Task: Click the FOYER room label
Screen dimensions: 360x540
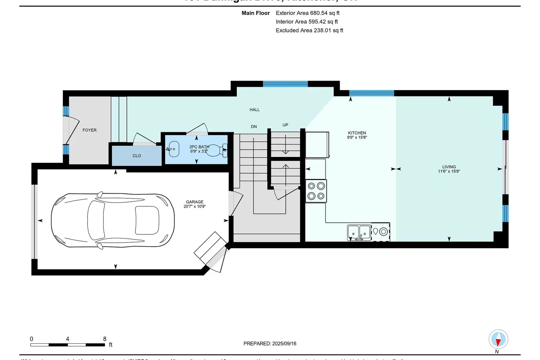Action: (89, 130)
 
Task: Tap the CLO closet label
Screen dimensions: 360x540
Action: (137, 156)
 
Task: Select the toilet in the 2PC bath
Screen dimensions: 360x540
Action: (217, 150)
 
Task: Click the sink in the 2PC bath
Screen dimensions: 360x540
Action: (174, 149)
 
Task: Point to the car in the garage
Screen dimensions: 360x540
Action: (113, 220)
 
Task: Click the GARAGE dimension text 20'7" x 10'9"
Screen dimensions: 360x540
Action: (194, 207)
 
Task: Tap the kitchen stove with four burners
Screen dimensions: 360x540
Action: (316, 191)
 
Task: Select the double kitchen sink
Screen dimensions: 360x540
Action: (359, 233)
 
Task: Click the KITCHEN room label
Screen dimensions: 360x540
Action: (357, 133)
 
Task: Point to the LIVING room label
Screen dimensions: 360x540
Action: (449, 167)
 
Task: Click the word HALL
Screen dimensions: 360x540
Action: (255, 110)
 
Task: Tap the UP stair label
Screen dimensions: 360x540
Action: (285, 125)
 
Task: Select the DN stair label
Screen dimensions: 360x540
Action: (254, 127)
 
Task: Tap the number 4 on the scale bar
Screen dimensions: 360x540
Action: (67, 339)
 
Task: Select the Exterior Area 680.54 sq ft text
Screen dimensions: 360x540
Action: (307, 13)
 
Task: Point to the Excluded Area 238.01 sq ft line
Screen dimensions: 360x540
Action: (309, 31)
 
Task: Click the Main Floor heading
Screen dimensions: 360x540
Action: (256, 13)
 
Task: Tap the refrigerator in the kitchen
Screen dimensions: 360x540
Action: (317, 145)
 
